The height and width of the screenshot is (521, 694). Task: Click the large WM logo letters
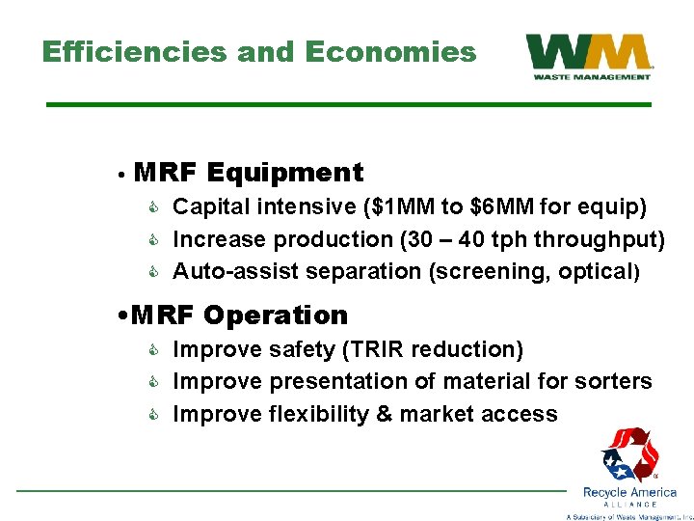tap(589, 52)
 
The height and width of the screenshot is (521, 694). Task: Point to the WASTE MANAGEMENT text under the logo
tap(589, 76)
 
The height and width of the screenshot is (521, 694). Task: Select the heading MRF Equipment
tap(249, 174)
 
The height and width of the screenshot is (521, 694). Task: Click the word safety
tap(304, 349)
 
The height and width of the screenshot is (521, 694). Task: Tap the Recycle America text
tap(629, 492)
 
